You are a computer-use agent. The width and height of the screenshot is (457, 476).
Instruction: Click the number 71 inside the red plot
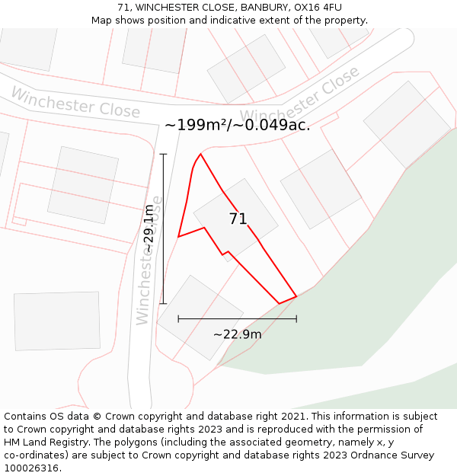click(x=238, y=219)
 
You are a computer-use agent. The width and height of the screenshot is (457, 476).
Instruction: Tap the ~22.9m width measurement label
click(x=237, y=334)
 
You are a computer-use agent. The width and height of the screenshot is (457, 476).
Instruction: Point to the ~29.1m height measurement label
click(x=149, y=228)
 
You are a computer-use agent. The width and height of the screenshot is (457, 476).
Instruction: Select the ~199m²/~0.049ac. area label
click(x=237, y=125)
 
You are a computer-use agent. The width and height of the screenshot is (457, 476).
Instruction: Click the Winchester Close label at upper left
click(x=75, y=102)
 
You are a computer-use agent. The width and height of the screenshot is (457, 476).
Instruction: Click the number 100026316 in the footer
click(x=31, y=468)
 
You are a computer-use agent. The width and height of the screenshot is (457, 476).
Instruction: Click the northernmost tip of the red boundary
click(x=200, y=154)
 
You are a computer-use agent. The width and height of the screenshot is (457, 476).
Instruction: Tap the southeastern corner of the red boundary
click(x=296, y=296)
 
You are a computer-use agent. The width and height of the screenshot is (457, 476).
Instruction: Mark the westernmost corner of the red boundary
click(x=178, y=237)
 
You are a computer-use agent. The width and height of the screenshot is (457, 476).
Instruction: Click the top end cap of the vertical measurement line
click(x=163, y=154)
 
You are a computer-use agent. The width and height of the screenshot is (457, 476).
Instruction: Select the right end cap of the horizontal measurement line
click(x=296, y=319)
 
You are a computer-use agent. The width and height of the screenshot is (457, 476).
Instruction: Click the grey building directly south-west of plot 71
click(x=200, y=317)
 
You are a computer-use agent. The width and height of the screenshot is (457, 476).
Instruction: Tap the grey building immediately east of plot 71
click(x=321, y=189)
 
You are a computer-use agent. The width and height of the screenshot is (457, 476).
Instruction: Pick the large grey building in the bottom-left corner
click(x=57, y=321)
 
